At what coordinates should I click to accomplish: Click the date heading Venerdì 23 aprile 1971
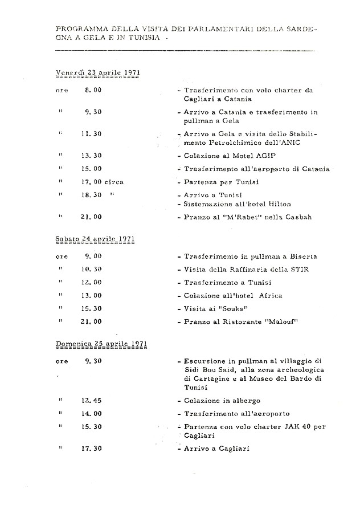[x=98, y=72]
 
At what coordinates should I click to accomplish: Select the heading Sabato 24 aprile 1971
[x=95, y=239]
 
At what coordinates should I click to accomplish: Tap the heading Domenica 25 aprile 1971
[x=101, y=344]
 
